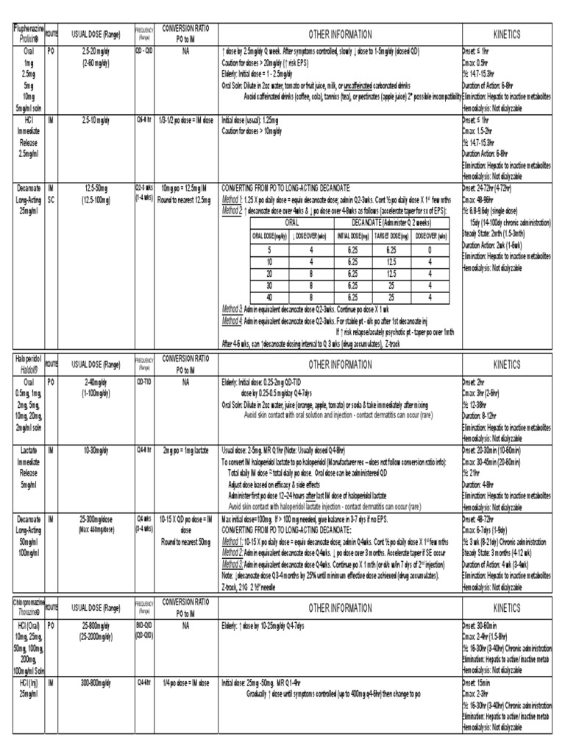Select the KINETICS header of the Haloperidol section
pyautogui.click(x=506, y=364)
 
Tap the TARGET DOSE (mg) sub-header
pyautogui.click(x=395, y=236)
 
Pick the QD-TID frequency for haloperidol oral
pyautogui.click(x=144, y=382)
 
